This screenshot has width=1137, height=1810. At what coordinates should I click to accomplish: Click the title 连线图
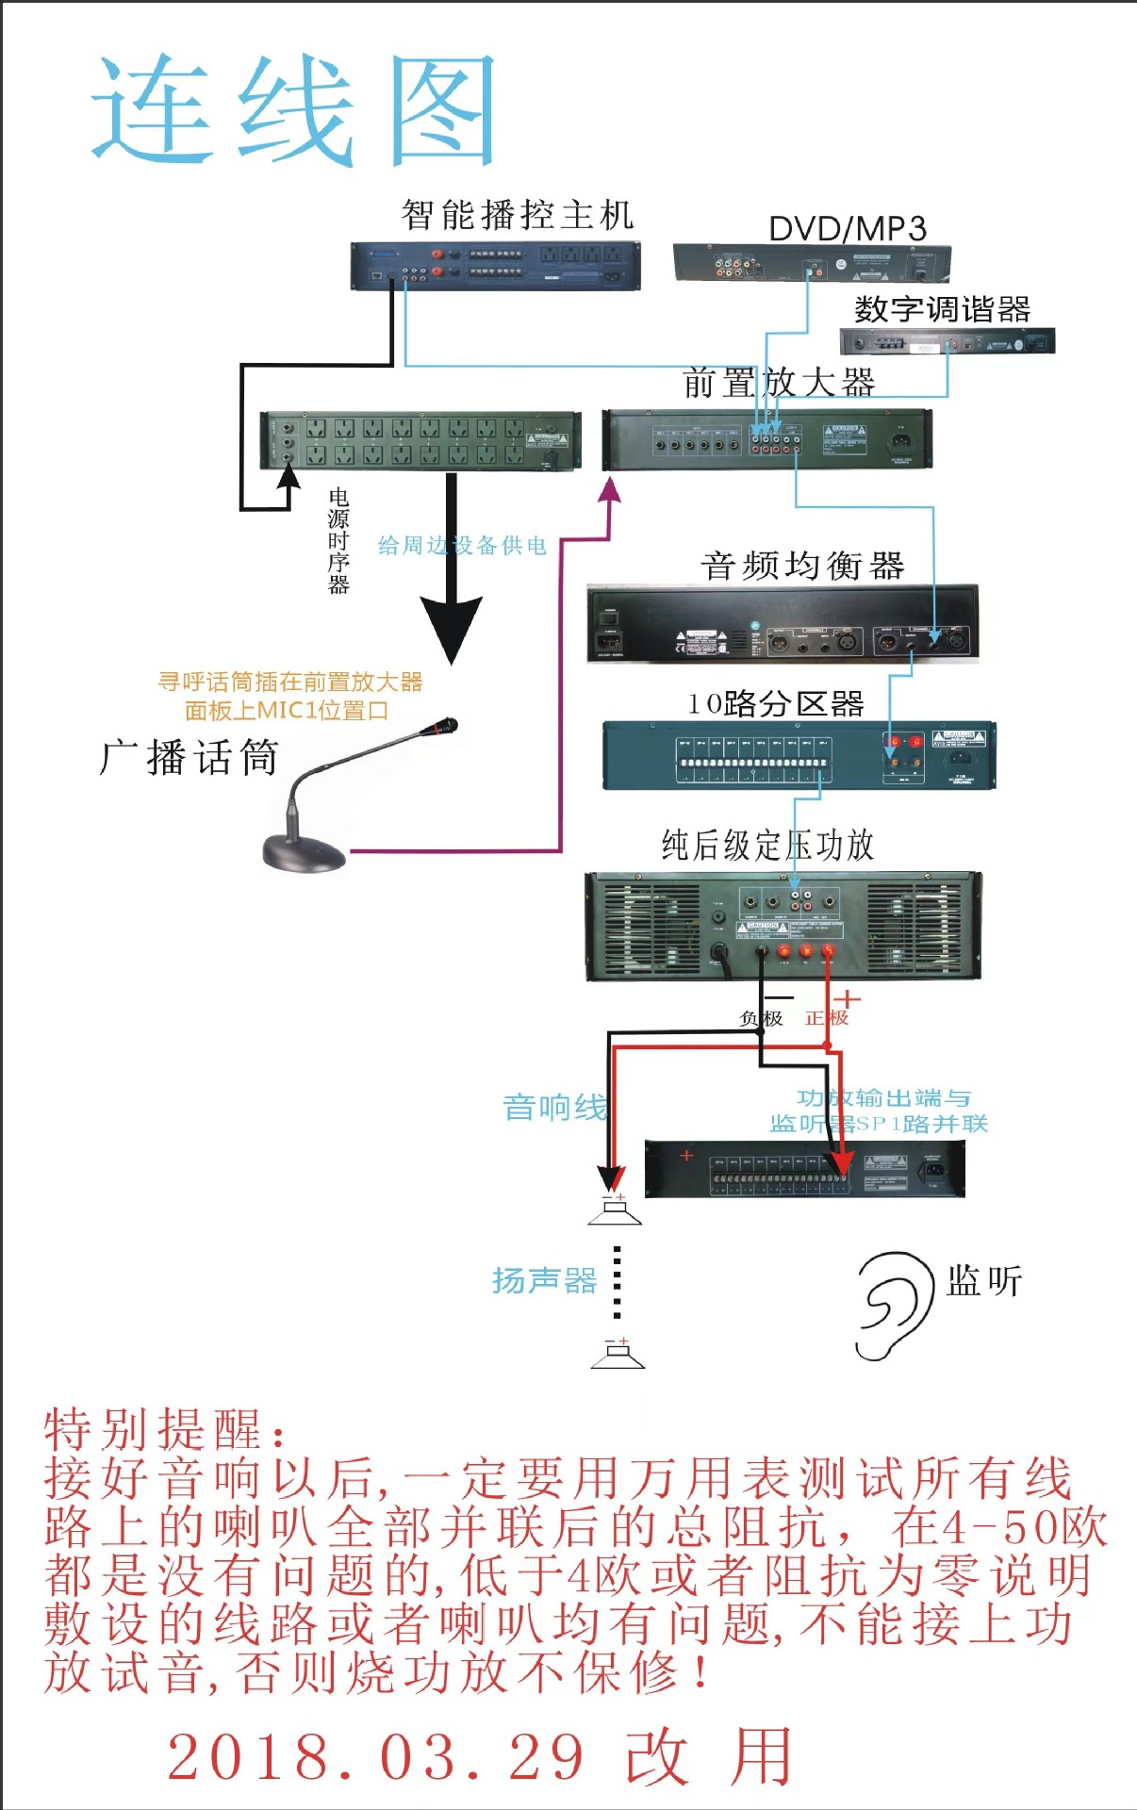click(294, 110)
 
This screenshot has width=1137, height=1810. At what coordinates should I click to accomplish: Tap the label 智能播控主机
click(517, 215)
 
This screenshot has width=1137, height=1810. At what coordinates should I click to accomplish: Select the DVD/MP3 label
click(847, 228)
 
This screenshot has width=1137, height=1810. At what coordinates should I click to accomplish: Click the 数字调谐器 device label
click(942, 309)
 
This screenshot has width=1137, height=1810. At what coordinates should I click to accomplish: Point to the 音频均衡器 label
click(802, 566)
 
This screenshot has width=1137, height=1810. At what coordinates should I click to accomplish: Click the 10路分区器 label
click(775, 703)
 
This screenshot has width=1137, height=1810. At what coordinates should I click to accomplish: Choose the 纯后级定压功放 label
click(767, 845)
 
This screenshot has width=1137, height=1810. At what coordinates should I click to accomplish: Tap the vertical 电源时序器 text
click(338, 540)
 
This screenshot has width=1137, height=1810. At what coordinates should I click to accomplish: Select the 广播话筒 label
click(189, 757)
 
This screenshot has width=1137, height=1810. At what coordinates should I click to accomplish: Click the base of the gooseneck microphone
click(304, 853)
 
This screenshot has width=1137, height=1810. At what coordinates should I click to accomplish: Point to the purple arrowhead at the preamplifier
click(610, 489)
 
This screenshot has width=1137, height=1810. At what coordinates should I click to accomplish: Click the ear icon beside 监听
click(889, 1306)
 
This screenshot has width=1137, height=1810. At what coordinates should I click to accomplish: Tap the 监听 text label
click(984, 1281)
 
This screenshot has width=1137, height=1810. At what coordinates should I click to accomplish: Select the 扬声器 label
click(544, 1280)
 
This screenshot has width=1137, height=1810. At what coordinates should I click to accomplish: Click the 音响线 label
click(554, 1107)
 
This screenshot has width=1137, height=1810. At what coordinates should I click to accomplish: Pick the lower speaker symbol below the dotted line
click(618, 1355)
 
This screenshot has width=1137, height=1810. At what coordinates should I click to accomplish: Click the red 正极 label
click(827, 1018)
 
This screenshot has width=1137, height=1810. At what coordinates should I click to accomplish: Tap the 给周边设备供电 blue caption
click(462, 545)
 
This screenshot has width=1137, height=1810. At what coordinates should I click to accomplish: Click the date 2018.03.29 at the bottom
click(376, 1758)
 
